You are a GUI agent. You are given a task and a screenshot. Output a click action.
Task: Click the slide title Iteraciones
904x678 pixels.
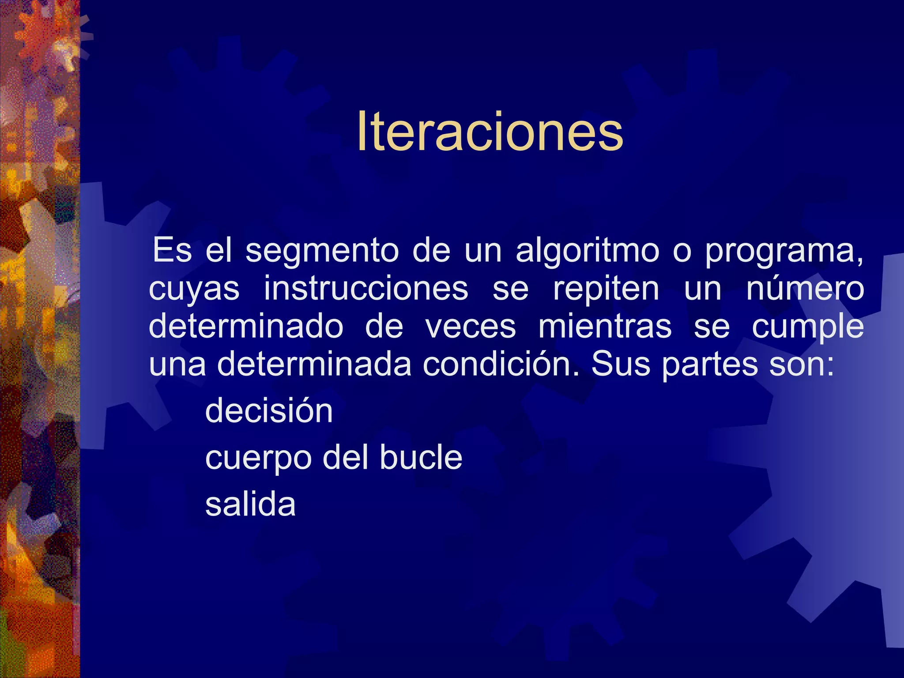pyautogui.click(x=490, y=132)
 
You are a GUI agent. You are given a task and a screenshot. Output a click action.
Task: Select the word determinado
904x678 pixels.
pyautogui.click(x=246, y=327)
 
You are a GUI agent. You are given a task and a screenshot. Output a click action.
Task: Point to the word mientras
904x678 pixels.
pyautogui.click(x=605, y=327)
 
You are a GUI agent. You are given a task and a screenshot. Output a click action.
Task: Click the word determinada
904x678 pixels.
pyautogui.click(x=314, y=365)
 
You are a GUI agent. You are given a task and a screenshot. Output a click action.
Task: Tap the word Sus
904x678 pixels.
pyautogui.click(x=621, y=365)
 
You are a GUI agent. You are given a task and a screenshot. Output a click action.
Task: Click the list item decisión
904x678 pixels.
pyautogui.click(x=269, y=411)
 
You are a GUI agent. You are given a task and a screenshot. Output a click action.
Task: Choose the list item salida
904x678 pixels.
pyautogui.click(x=250, y=504)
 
